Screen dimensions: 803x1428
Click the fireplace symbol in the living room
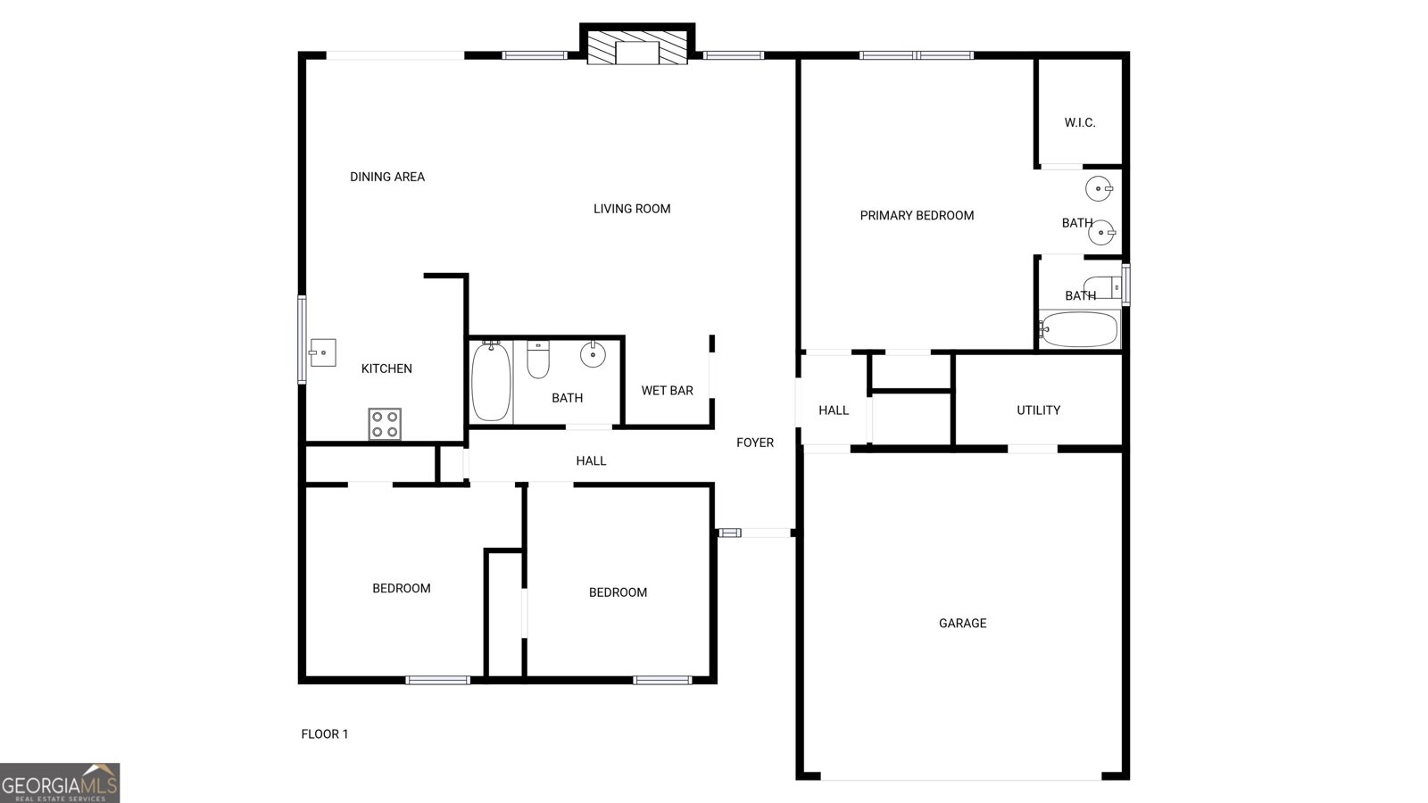tap(637, 52)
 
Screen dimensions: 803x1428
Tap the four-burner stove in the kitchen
tap(385, 424)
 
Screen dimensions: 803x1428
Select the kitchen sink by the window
tap(322, 352)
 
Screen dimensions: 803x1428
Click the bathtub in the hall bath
tap(490, 382)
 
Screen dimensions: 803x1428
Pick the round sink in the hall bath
tap(593, 355)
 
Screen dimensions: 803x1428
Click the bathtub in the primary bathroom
tap(1079, 329)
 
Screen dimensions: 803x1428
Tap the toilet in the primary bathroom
tap(1102, 287)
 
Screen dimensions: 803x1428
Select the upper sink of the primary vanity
tap(1099, 189)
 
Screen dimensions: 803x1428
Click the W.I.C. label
tap(1080, 122)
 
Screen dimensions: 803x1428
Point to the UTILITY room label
tap(1038, 410)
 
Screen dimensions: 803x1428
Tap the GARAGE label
tap(962, 624)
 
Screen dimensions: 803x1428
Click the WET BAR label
tap(667, 391)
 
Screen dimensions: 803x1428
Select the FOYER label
tap(754, 443)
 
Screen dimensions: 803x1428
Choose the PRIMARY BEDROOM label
tap(917, 215)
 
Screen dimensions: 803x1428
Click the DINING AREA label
tap(387, 177)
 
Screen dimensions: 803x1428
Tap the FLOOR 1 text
tap(325, 734)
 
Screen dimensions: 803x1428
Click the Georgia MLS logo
tap(60, 783)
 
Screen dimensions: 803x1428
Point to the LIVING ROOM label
tap(632, 209)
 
